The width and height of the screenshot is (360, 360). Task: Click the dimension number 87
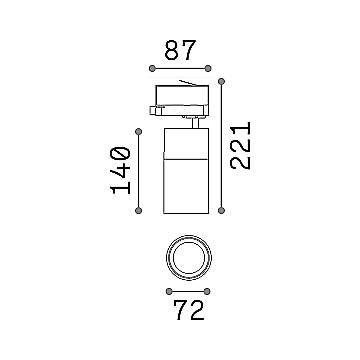[x=180, y=50]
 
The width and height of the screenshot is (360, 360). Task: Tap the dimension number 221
[x=240, y=146]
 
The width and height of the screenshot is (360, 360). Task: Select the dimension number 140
[x=120, y=170]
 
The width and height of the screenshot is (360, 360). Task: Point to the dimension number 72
[x=189, y=310]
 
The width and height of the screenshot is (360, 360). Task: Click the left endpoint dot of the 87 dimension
[x=152, y=69]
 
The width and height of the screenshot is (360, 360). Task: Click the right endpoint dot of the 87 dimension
[x=208, y=69]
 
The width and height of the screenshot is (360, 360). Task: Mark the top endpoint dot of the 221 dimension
[x=221, y=81]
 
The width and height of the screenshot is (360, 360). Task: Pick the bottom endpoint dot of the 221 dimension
[x=221, y=210]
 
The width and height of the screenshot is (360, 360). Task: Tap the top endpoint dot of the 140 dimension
[x=139, y=132]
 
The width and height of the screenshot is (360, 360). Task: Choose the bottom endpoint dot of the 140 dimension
[x=139, y=210]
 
